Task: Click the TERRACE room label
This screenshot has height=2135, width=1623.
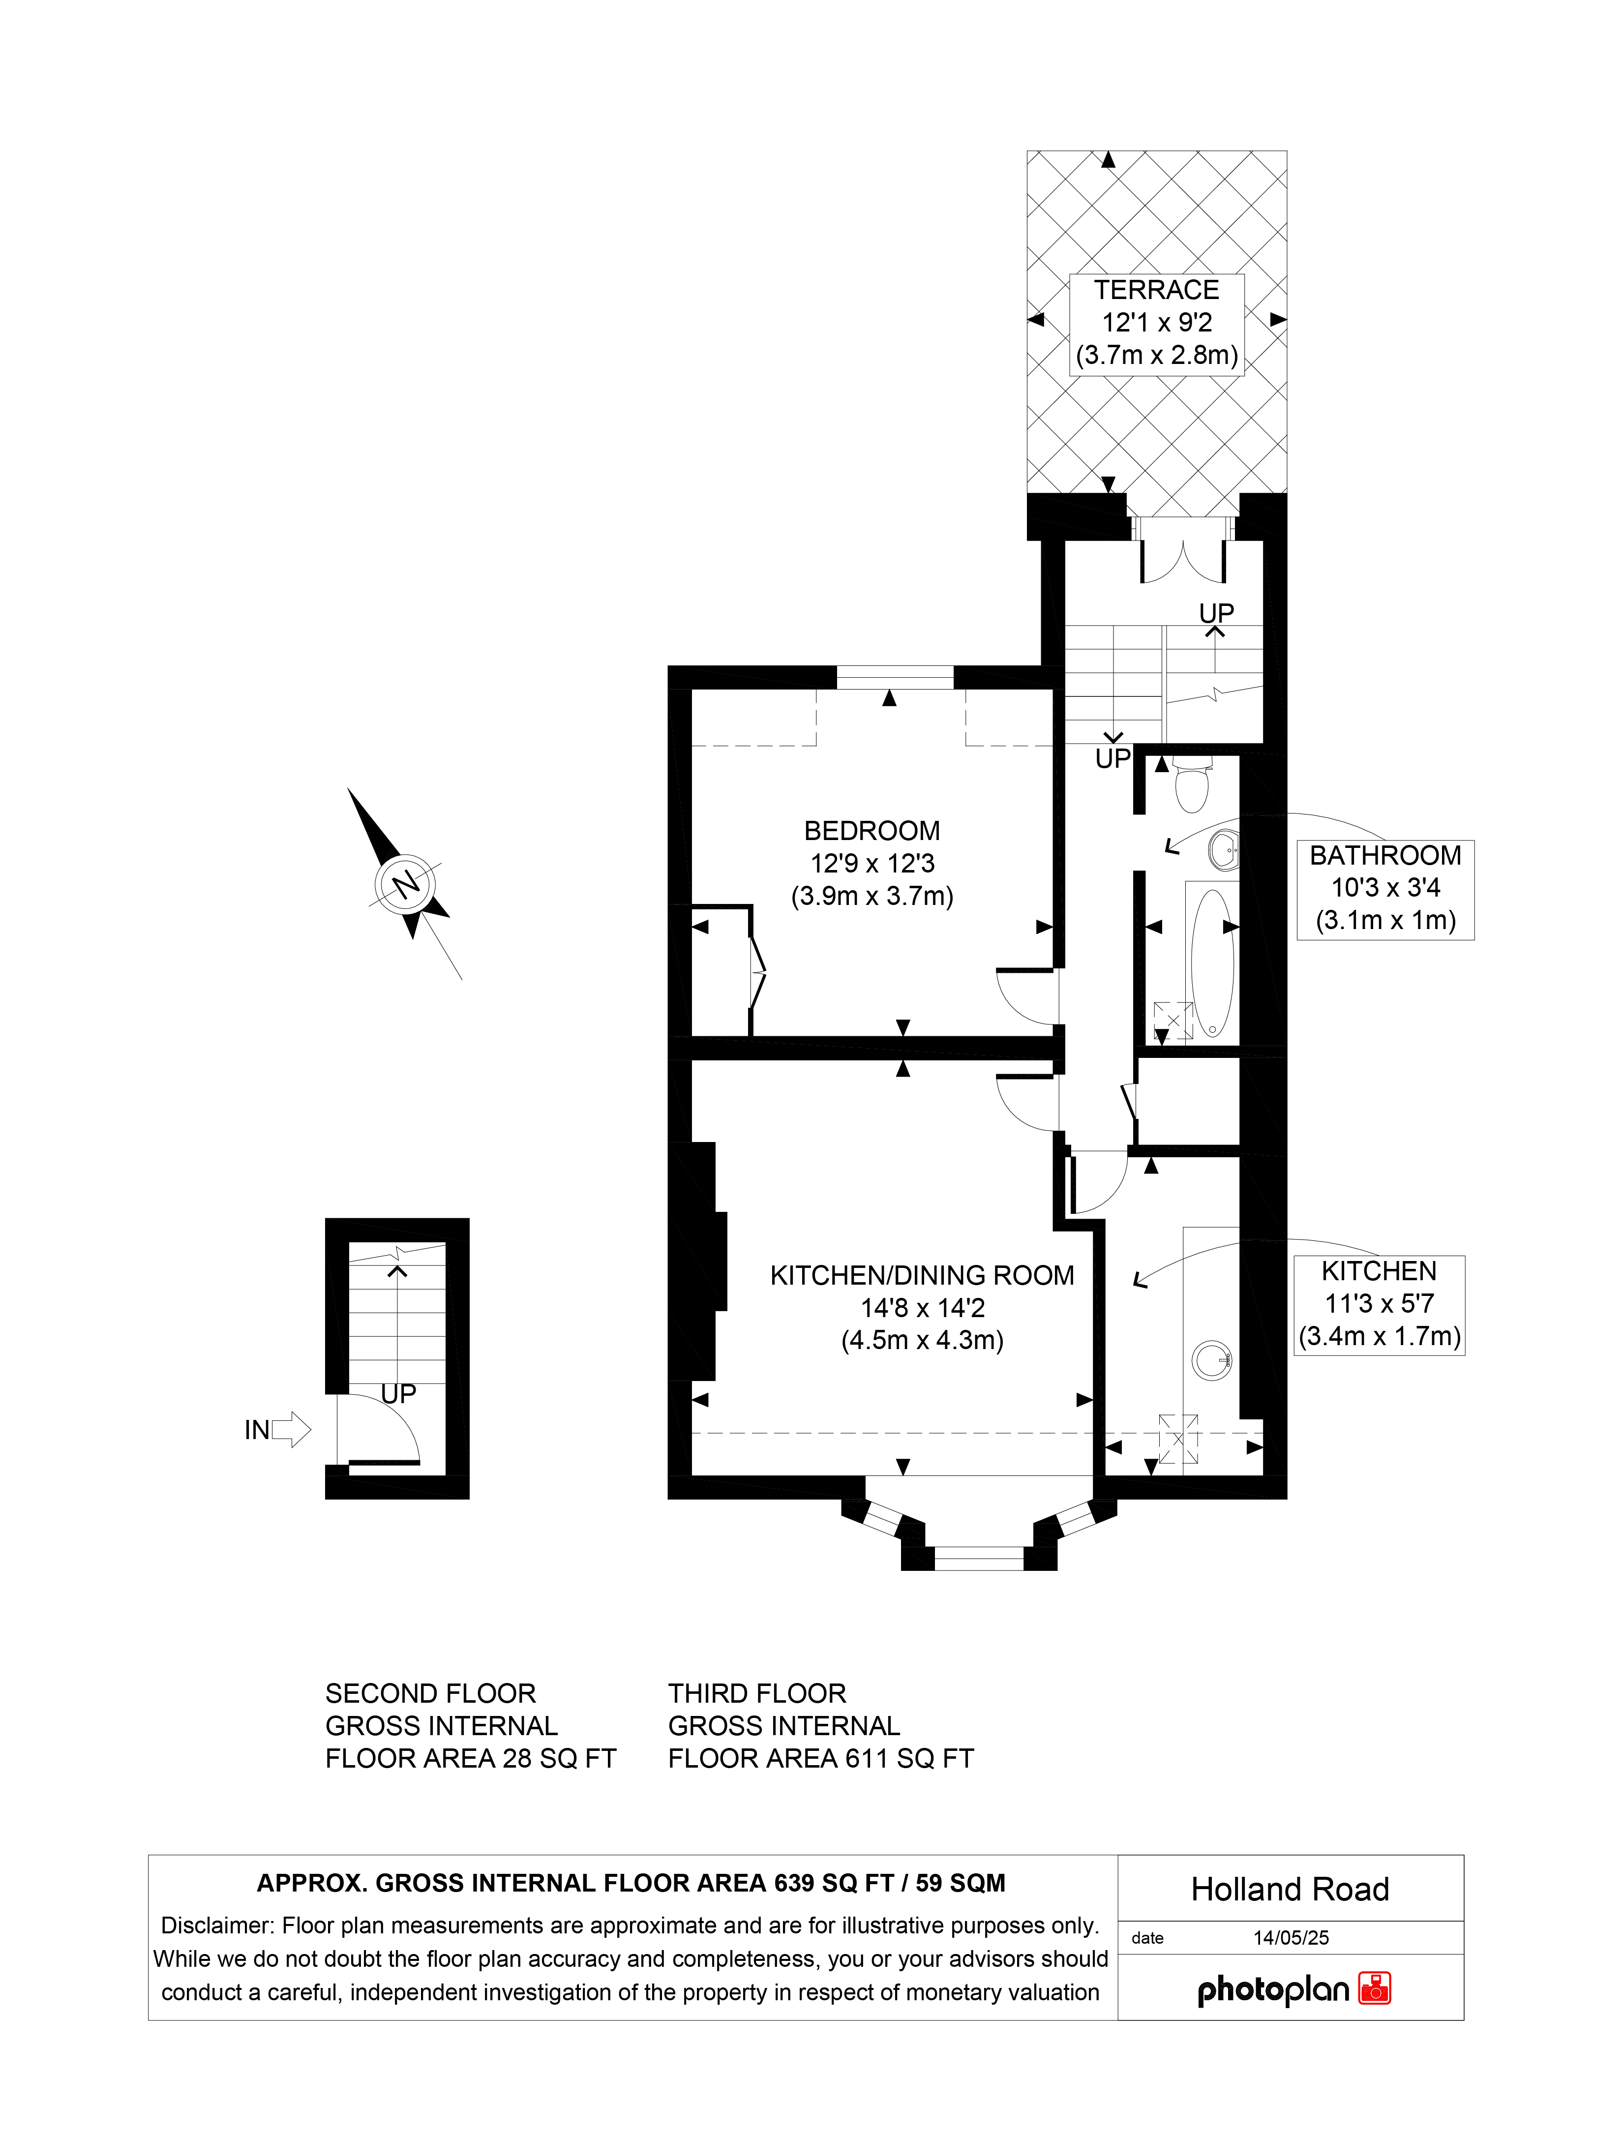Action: click(1156, 290)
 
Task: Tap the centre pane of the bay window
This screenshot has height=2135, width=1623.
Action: click(979, 1557)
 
